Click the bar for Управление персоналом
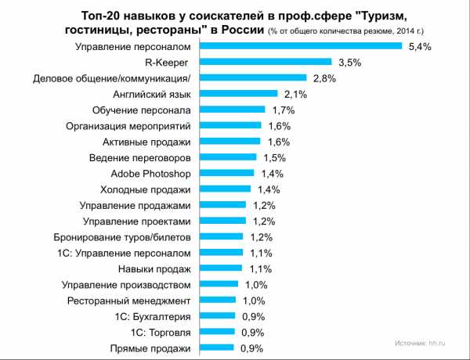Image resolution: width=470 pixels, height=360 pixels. tap(298, 46)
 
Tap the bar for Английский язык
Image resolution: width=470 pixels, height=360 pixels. tap(236, 94)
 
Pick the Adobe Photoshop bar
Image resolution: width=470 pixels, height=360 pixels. tap(224, 173)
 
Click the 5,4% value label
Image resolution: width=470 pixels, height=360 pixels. tap(421, 46)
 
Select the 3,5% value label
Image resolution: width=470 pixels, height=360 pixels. tap(345, 62)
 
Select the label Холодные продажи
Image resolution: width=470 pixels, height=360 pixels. tap(146, 189)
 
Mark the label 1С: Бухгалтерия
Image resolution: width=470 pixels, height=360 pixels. tap(152, 316)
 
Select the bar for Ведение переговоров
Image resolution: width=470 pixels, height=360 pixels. tap(226, 157)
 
